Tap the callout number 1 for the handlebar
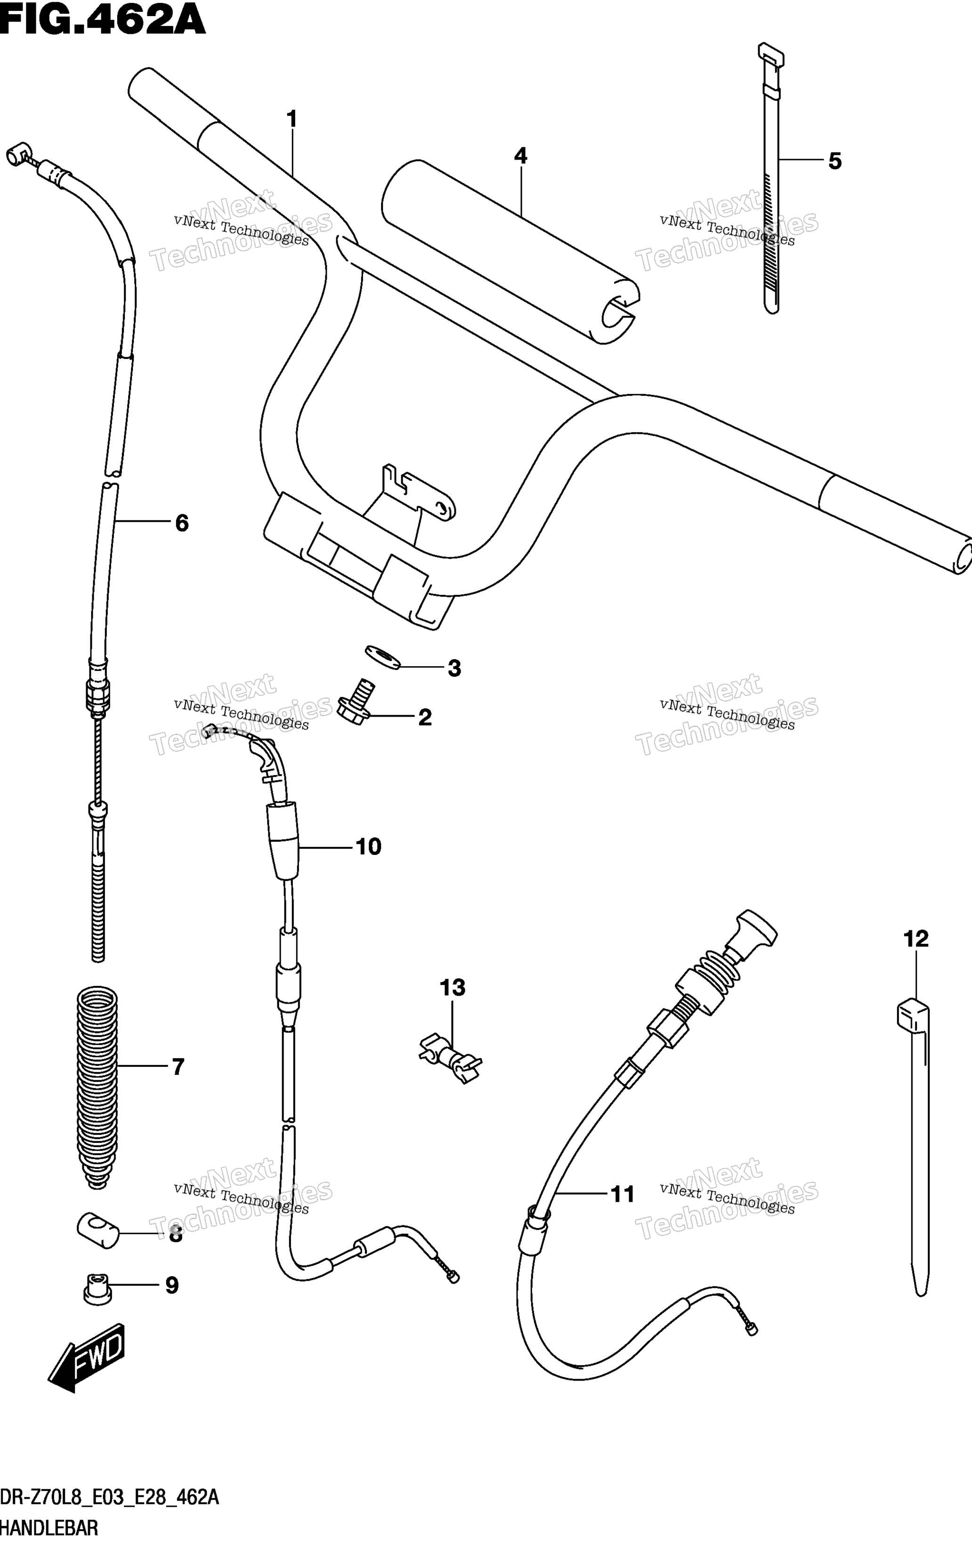coord(292,119)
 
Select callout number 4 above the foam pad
coord(520,156)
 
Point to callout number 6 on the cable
coord(182,523)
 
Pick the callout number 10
coord(368,847)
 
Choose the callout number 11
coord(622,1194)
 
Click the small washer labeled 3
coord(382,658)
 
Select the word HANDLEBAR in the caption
coord(49,1529)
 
